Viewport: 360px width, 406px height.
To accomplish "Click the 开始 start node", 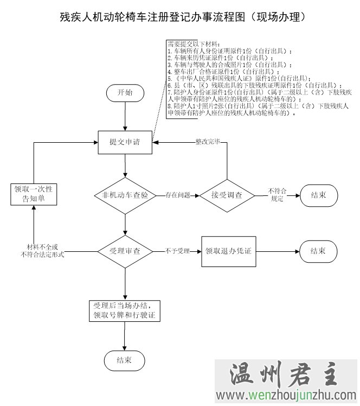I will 125,93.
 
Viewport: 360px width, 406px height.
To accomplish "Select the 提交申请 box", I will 125,142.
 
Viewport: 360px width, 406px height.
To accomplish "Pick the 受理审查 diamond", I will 125,251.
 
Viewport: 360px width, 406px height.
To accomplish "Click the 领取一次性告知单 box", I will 34,194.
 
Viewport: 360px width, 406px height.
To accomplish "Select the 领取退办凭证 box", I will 228,251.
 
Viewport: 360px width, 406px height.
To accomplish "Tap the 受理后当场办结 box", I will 125,310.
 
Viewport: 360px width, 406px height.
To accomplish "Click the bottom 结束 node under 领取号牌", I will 124,360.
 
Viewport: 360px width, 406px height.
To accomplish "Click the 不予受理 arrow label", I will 178,251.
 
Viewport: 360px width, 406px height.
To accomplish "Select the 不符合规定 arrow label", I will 277,195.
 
